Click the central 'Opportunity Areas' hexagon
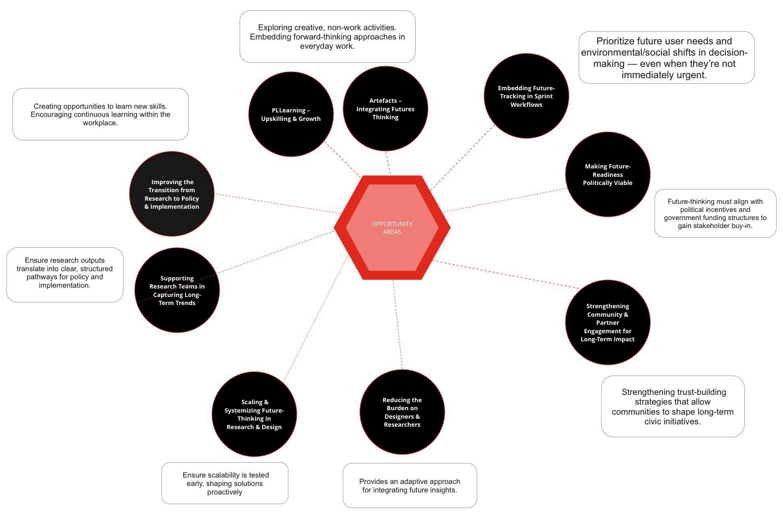click(392, 228)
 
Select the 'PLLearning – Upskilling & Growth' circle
click(291, 114)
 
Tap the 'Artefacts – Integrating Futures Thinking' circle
click(385, 109)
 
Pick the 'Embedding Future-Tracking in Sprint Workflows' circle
click(526, 96)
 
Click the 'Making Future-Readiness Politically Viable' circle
click(607, 174)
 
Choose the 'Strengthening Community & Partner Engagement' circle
click(607, 322)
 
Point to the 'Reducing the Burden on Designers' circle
click(402, 412)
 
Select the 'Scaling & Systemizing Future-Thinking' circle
click(254, 414)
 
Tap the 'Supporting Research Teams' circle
click(177, 290)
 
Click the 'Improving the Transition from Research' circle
click(172, 194)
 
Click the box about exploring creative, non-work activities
click(327, 37)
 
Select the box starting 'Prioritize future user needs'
click(667, 58)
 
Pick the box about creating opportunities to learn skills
click(100, 114)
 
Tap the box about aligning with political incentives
click(715, 214)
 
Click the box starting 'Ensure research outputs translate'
click(65, 275)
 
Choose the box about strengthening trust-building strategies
click(673, 406)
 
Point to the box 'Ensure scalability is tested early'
click(225, 483)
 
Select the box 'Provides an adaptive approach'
click(410, 486)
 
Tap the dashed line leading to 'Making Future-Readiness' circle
click(505, 200)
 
